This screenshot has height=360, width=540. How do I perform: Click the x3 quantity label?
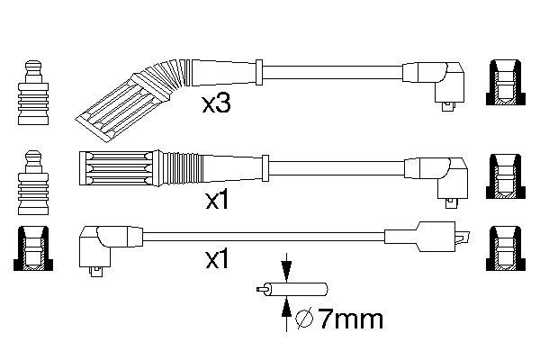[216, 104]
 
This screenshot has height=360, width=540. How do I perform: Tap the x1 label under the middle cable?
[217, 200]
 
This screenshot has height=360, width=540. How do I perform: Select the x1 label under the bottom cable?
[217, 259]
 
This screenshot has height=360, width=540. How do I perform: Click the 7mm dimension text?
[350, 319]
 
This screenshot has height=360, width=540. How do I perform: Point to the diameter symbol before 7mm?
[304, 319]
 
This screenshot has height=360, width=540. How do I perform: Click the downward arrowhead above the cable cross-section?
[286, 270]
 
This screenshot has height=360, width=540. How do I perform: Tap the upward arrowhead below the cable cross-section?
[286, 308]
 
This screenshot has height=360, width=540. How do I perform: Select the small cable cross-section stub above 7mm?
[292, 289]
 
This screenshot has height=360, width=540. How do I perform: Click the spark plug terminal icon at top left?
[33, 93]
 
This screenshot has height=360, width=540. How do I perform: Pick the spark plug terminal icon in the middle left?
[33, 183]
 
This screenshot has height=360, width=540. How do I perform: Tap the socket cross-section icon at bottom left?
[33, 248]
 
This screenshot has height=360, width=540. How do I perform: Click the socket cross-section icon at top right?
[506, 82]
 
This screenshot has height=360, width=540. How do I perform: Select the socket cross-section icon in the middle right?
[506, 176]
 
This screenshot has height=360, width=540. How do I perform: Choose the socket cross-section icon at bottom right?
[506, 248]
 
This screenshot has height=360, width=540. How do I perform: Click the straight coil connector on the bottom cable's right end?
[427, 237]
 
